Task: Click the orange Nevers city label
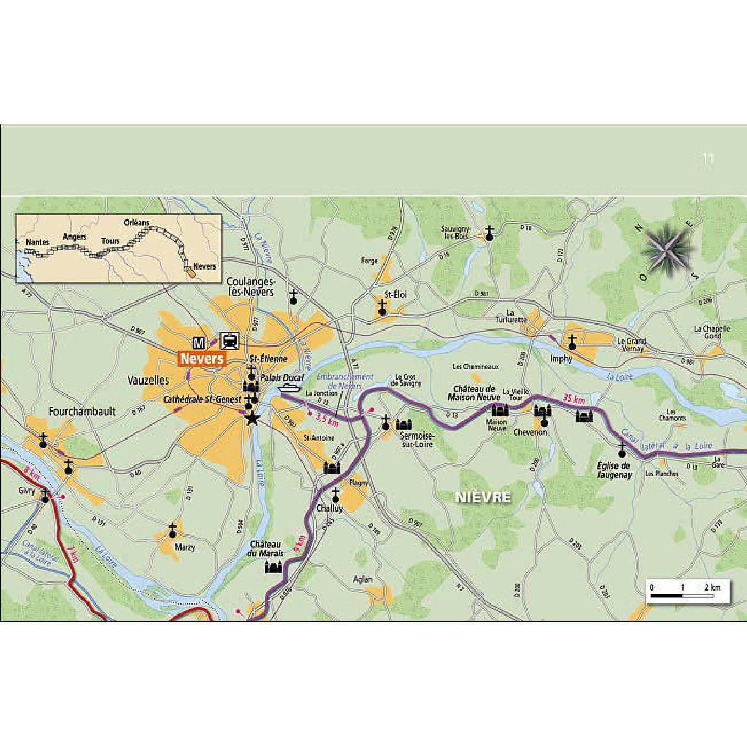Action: point(202,359)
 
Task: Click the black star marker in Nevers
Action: point(252,419)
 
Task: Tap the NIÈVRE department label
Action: point(483,497)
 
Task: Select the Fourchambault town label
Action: point(82,411)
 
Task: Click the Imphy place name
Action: point(561,359)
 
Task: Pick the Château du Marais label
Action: point(267,548)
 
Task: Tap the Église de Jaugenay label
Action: point(614,470)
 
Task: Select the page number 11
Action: point(708,160)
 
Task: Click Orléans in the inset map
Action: point(136,222)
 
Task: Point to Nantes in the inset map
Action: point(37,242)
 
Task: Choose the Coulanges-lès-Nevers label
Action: point(250,286)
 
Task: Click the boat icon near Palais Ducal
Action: point(290,388)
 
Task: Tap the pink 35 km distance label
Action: point(574,399)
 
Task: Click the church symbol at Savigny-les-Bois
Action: point(489,234)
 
